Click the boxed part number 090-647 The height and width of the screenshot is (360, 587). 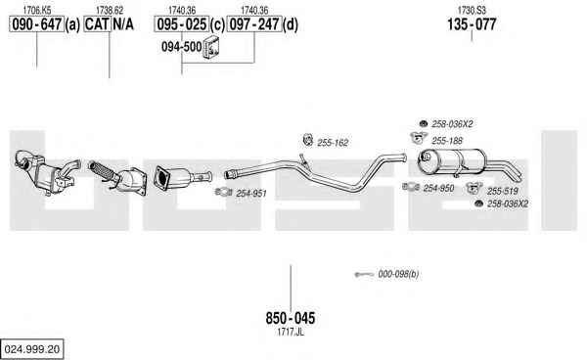tap(37, 24)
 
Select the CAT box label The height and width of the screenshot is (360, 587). tap(97, 24)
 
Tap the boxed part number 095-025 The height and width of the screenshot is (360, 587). tap(182, 24)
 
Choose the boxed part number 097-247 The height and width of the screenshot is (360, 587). tap(254, 24)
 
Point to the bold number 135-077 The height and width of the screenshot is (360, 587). tap(472, 24)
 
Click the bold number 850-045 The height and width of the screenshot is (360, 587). tap(291, 318)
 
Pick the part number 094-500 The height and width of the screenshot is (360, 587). tap(182, 47)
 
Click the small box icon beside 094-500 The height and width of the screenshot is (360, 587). tap(211, 47)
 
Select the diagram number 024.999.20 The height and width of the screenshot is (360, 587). tap(32, 349)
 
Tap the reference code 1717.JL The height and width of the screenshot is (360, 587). tap(291, 332)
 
